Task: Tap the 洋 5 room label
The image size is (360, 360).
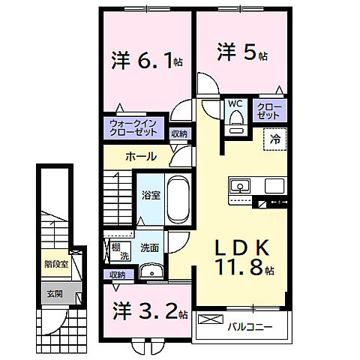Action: coord(241,53)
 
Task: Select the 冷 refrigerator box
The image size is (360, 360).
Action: coord(274,138)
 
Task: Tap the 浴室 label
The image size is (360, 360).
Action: coord(150,196)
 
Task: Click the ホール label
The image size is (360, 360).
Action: coord(141,157)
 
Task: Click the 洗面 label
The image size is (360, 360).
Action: coord(148,247)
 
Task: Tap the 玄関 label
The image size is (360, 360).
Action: coord(54,294)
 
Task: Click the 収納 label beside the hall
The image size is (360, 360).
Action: coord(178,133)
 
